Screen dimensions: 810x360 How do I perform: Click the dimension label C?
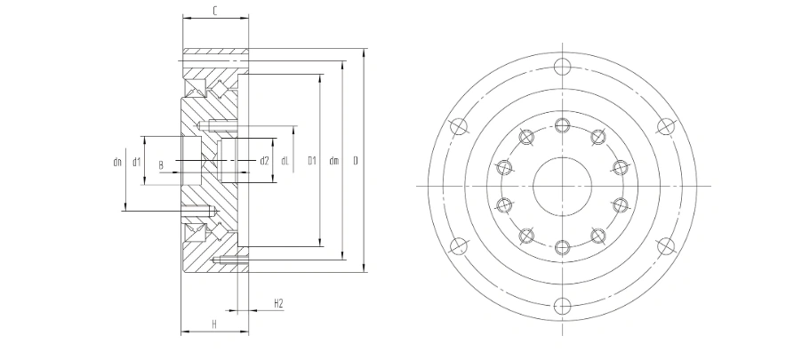(215, 11)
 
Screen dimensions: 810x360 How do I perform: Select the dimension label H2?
(278, 303)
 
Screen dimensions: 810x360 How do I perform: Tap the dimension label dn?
(117, 162)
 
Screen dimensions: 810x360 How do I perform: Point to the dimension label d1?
(136, 162)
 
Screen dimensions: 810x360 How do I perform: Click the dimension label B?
(161, 166)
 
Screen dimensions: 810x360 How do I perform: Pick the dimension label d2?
(264, 161)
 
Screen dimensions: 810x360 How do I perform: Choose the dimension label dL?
(285, 161)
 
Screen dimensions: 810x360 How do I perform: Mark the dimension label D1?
(311, 161)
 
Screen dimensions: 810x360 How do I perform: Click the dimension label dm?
(333, 161)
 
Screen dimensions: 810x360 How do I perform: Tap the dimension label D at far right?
(356, 161)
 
